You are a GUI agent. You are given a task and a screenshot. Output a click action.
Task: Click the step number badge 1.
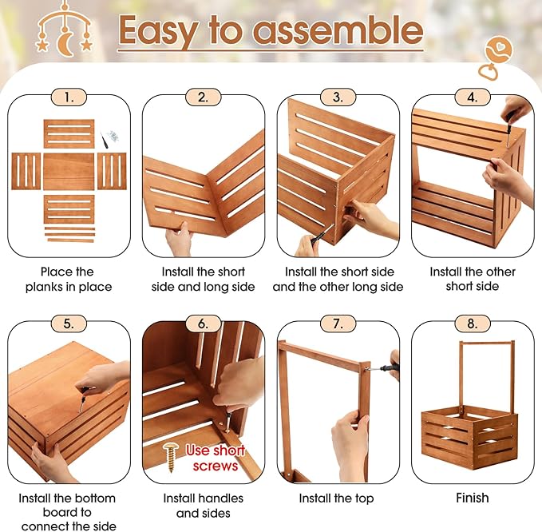[x=69, y=97]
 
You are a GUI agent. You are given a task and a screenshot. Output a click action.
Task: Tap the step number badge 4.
[x=473, y=97]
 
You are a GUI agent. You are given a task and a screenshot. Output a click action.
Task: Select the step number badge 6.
[x=204, y=324]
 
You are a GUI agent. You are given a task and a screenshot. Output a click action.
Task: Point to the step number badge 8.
[x=473, y=324]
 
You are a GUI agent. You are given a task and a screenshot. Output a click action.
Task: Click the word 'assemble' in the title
[x=338, y=30]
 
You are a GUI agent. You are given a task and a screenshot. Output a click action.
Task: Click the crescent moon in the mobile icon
[x=65, y=44]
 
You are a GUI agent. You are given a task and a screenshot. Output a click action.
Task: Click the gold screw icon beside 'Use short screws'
[x=170, y=457]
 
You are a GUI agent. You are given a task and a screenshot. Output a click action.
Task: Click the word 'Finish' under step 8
[x=473, y=498]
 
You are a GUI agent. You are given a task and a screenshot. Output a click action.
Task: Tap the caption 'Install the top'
[x=336, y=498]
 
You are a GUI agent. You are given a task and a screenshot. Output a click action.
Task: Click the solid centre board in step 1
[x=69, y=172]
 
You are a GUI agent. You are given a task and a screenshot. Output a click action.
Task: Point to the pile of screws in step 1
[x=113, y=136]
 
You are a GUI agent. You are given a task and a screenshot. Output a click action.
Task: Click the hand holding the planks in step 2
[x=179, y=238]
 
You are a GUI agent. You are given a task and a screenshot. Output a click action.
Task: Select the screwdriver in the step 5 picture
[x=82, y=399]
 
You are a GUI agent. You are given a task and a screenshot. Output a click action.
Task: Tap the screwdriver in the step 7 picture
[x=383, y=368]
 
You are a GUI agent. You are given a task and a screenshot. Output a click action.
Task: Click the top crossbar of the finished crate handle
[x=487, y=343]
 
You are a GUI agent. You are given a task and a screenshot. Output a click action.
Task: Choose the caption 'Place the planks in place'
[x=69, y=280]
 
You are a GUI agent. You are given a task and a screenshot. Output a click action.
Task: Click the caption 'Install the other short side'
[x=473, y=279]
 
